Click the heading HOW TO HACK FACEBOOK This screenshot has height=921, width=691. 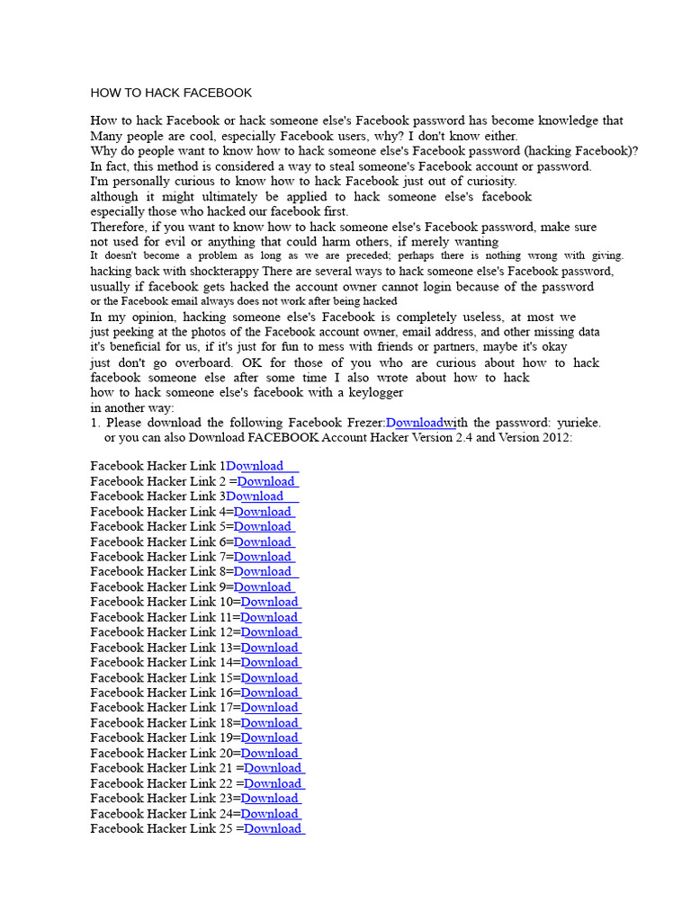[171, 93]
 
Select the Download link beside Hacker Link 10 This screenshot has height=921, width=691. [270, 602]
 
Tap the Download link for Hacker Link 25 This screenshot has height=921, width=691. [274, 828]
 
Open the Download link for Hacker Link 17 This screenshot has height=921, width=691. [270, 708]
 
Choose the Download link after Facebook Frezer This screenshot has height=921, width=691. [414, 423]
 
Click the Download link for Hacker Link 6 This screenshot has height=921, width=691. [263, 541]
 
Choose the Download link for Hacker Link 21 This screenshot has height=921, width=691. [274, 768]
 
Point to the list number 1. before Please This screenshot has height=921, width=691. [94, 423]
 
